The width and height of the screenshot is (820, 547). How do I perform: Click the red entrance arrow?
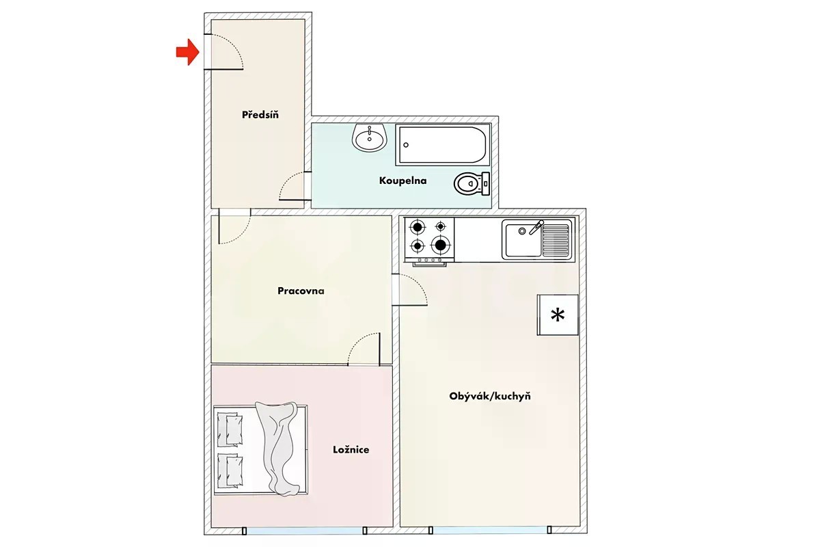click(187, 52)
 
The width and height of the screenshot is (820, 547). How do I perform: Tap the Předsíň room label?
click(260, 115)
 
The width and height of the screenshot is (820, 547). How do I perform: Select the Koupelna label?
click(402, 181)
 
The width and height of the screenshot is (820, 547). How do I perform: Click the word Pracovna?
click(301, 291)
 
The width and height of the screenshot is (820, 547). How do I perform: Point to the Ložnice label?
click(351, 449)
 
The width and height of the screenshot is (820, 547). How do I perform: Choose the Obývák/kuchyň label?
click(490, 396)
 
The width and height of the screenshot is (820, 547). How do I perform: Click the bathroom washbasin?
click(370, 137)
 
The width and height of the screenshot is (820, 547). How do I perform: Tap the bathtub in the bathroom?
click(443, 145)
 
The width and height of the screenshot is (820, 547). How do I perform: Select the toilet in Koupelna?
click(472, 183)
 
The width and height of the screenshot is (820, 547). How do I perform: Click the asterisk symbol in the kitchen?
click(558, 315)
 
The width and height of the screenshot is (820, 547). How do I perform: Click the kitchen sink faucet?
click(536, 228)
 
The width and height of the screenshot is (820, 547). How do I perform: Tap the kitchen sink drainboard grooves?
click(556, 240)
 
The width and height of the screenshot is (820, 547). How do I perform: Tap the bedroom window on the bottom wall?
click(304, 530)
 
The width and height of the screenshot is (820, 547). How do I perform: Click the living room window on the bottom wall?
click(490, 530)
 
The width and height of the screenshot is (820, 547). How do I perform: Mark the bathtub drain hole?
click(406, 145)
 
